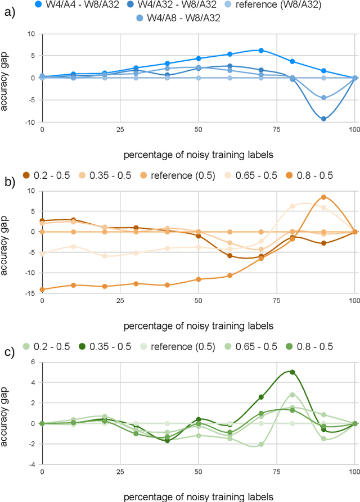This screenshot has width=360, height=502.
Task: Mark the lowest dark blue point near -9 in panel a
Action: point(323,119)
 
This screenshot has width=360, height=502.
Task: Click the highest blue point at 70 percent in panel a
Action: point(260,50)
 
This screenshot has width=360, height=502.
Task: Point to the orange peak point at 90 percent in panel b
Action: point(323,197)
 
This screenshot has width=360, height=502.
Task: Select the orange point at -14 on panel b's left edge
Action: point(42,290)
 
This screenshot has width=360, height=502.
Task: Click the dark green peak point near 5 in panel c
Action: point(292,372)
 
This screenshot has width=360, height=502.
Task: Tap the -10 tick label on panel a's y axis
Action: point(31,122)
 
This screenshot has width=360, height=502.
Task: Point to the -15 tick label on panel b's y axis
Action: point(31,293)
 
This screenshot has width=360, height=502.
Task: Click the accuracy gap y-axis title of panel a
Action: point(6,78)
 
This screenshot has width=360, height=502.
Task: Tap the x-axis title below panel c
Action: point(199,496)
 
